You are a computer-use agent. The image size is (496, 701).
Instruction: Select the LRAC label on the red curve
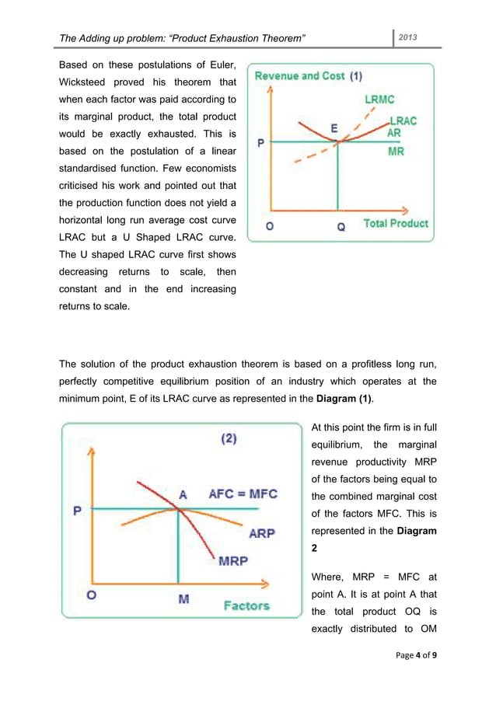pyautogui.click(x=402, y=121)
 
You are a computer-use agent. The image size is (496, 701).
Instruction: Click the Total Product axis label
pyautogui.click(x=396, y=224)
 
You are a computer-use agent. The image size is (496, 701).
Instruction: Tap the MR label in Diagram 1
pyautogui.click(x=396, y=152)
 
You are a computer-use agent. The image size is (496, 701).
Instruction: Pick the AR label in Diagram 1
pyautogui.click(x=395, y=133)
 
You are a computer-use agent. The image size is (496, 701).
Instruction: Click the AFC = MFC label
pyautogui.click(x=243, y=494)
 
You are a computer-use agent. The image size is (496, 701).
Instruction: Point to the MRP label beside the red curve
pyautogui.click(x=232, y=560)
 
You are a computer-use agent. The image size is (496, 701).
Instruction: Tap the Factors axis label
pyautogui.click(x=247, y=605)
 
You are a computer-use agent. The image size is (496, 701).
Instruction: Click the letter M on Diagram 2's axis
pyautogui.click(x=184, y=600)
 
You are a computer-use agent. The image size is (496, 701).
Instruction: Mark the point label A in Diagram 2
pyautogui.click(x=183, y=494)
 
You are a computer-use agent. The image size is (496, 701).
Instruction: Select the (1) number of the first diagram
pyautogui.click(x=355, y=76)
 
